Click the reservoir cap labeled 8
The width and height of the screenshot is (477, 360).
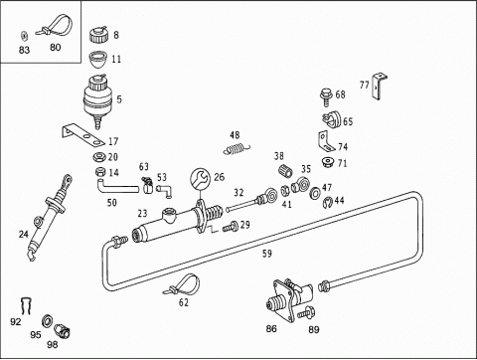pyautogui.click(x=98, y=35)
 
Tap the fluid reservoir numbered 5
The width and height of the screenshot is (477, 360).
pyautogui.click(x=96, y=100)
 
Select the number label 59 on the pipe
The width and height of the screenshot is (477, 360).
pyautogui.click(x=267, y=254)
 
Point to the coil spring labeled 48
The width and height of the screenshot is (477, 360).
pyautogui.click(x=237, y=149)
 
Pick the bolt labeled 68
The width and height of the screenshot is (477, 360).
pyautogui.click(x=327, y=96)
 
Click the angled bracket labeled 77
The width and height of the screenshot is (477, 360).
pyautogui.click(x=379, y=87)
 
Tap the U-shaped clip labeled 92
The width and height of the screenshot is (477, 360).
pyautogui.click(x=26, y=305)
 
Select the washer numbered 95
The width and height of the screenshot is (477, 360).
pyautogui.click(x=48, y=320)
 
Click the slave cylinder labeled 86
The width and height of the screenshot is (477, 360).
pyautogui.click(x=288, y=299)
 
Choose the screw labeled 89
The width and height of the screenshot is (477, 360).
pyautogui.click(x=306, y=312)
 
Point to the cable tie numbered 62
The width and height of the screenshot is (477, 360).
pyautogui.click(x=182, y=285)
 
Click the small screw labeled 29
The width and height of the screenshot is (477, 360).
pyautogui.click(x=231, y=227)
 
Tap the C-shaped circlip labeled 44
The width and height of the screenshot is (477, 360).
pyautogui.click(x=328, y=203)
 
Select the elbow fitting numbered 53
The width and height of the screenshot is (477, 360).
pyautogui.click(x=164, y=190)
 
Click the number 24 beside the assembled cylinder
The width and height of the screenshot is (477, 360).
pyautogui.click(x=24, y=235)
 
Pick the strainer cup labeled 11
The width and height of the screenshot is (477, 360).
pyautogui.click(x=98, y=60)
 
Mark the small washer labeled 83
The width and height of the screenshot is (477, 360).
pyautogui.click(x=24, y=35)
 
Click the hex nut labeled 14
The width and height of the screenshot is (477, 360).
pyautogui.click(x=100, y=172)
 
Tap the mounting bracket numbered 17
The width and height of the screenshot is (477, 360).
pyautogui.click(x=83, y=134)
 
